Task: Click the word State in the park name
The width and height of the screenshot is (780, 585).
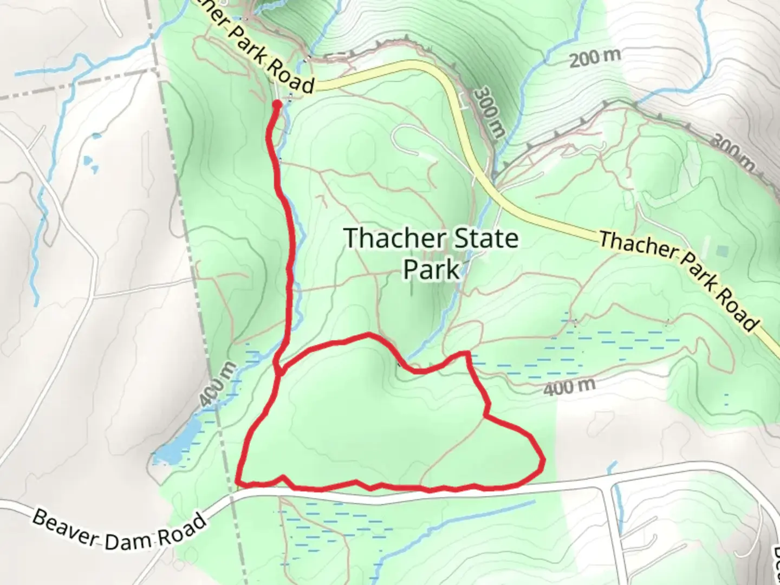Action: pyautogui.click(x=487, y=239)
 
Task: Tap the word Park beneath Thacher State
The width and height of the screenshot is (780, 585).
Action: pyautogui.click(x=431, y=269)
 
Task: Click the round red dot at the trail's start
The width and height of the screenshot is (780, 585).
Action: pyautogui.click(x=277, y=104)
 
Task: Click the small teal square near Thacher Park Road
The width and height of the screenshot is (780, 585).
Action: pyautogui.click(x=721, y=251)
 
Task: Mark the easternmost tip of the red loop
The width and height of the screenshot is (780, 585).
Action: pyautogui.click(x=543, y=460)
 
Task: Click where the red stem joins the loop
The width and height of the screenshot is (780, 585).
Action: pyautogui.click(x=279, y=371)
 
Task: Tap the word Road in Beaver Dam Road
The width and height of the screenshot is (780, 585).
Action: pyautogui.click(x=182, y=528)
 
